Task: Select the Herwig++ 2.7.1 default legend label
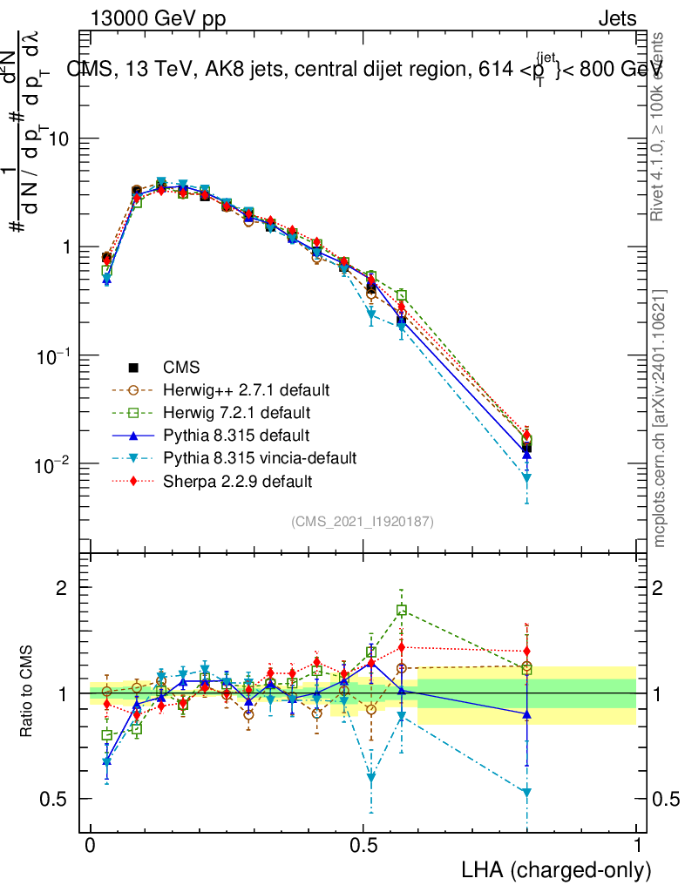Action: [x=234, y=388]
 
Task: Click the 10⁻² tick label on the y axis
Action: [x=53, y=464]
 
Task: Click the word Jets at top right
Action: [x=616, y=18]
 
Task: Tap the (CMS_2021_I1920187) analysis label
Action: [x=363, y=521]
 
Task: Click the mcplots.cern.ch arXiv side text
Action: [x=661, y=418]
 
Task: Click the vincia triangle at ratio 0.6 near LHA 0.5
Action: [x=372, y=778]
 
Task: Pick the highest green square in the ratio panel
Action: [x=402, y=611]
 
